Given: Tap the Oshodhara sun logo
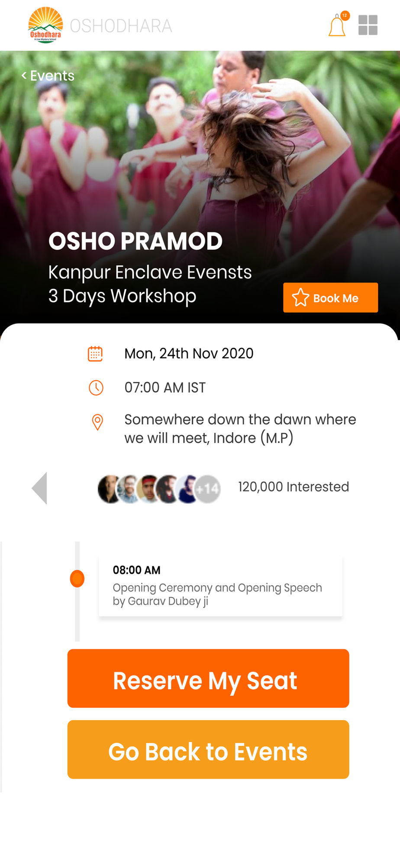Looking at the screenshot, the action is point(45,25).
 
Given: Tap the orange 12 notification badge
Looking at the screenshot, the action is point(345,16).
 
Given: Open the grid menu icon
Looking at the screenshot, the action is point(368,25).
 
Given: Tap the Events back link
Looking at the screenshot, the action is point(48,76).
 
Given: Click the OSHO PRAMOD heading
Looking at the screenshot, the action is point(135,241).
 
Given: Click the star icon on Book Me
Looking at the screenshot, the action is point(300,298).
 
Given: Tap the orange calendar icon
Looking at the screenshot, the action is point(95,354).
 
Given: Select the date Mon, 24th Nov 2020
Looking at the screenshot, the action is point(189,354).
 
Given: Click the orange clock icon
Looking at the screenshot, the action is point(96,388).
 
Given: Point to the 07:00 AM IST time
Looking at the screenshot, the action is point(165,388).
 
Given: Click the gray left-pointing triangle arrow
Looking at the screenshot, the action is point(39,488).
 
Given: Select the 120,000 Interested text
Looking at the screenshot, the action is point(294,487).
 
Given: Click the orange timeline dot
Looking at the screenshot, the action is point(77,579).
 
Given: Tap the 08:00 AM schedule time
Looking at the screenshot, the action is point(137,570).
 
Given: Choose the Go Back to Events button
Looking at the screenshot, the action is point(208,750).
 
